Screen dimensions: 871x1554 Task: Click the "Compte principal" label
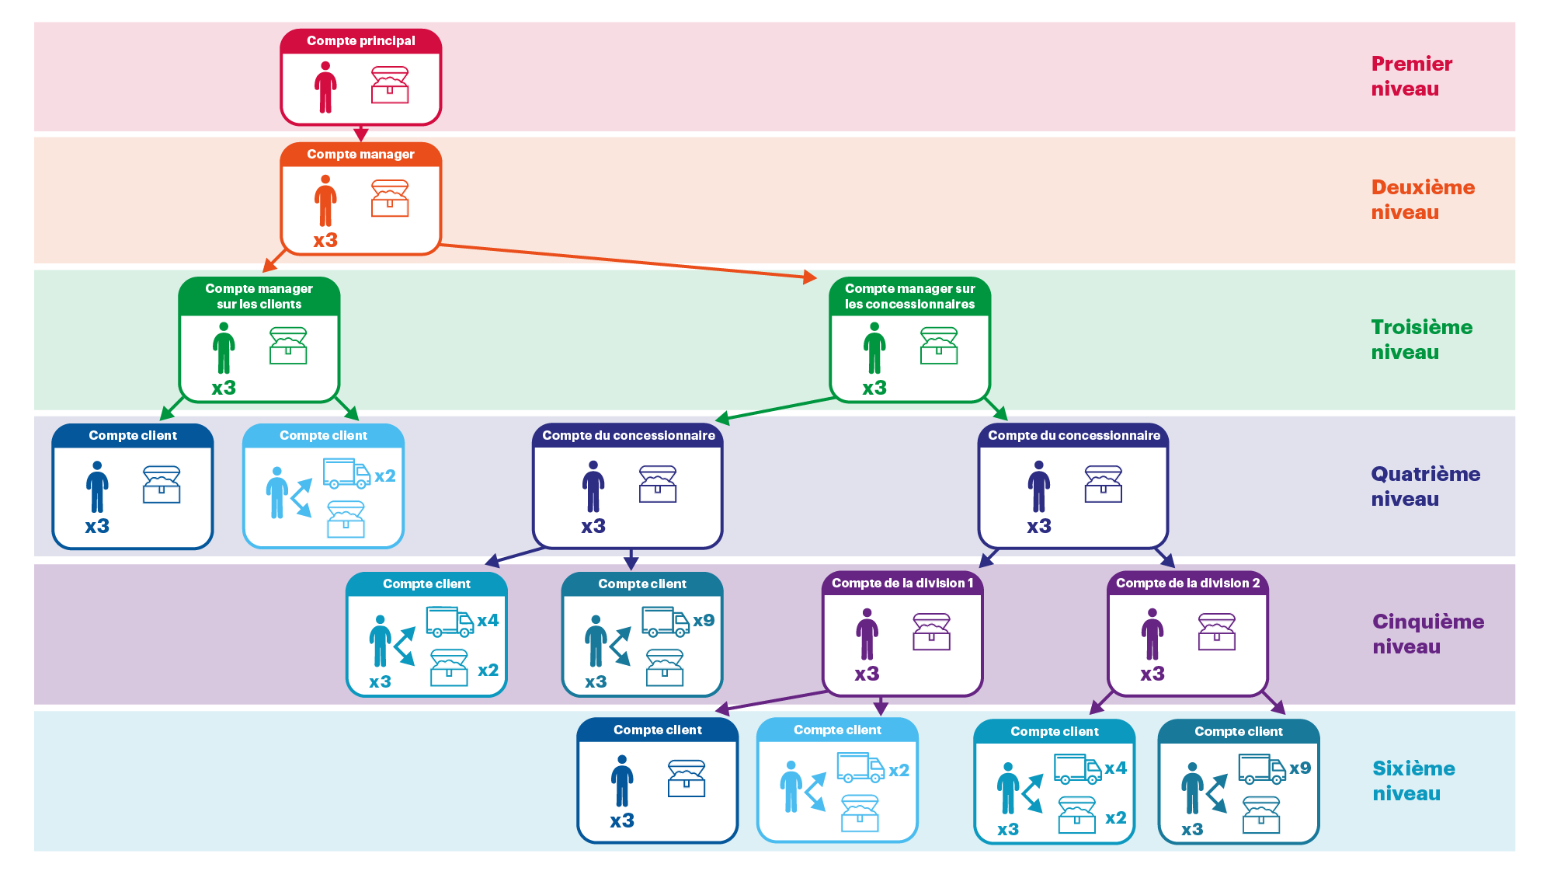coord(360,40)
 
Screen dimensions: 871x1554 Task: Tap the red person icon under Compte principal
coord(325,87)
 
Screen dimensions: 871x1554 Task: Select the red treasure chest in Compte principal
coord(390,85)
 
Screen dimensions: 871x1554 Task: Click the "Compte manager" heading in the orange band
coord(360,154)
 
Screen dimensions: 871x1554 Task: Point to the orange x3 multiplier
coord(325,240)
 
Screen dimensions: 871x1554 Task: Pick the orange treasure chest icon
coord(390,198)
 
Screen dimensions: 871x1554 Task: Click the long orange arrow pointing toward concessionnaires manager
coord(730,270)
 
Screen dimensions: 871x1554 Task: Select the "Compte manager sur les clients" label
coord(259,296)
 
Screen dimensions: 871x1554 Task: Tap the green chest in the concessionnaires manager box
coord(938,346)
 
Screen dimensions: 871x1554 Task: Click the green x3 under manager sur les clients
coord(224,388)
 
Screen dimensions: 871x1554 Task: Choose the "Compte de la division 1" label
coord(902,583)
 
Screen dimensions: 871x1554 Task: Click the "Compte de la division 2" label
coord(1187,583)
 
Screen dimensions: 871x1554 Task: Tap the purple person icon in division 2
coord(1152,634)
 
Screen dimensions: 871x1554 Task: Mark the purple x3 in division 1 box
coord(867,674)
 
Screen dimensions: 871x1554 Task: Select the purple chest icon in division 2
coord(1216,632)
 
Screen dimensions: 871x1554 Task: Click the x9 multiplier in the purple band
coord(704,620)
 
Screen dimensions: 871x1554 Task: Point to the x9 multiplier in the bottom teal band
coord(1300,768)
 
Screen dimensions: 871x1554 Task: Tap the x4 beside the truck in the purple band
coord(488,620)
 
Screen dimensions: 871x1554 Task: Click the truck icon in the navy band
coord(346,472)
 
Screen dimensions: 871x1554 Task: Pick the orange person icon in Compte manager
coord(325,200)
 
